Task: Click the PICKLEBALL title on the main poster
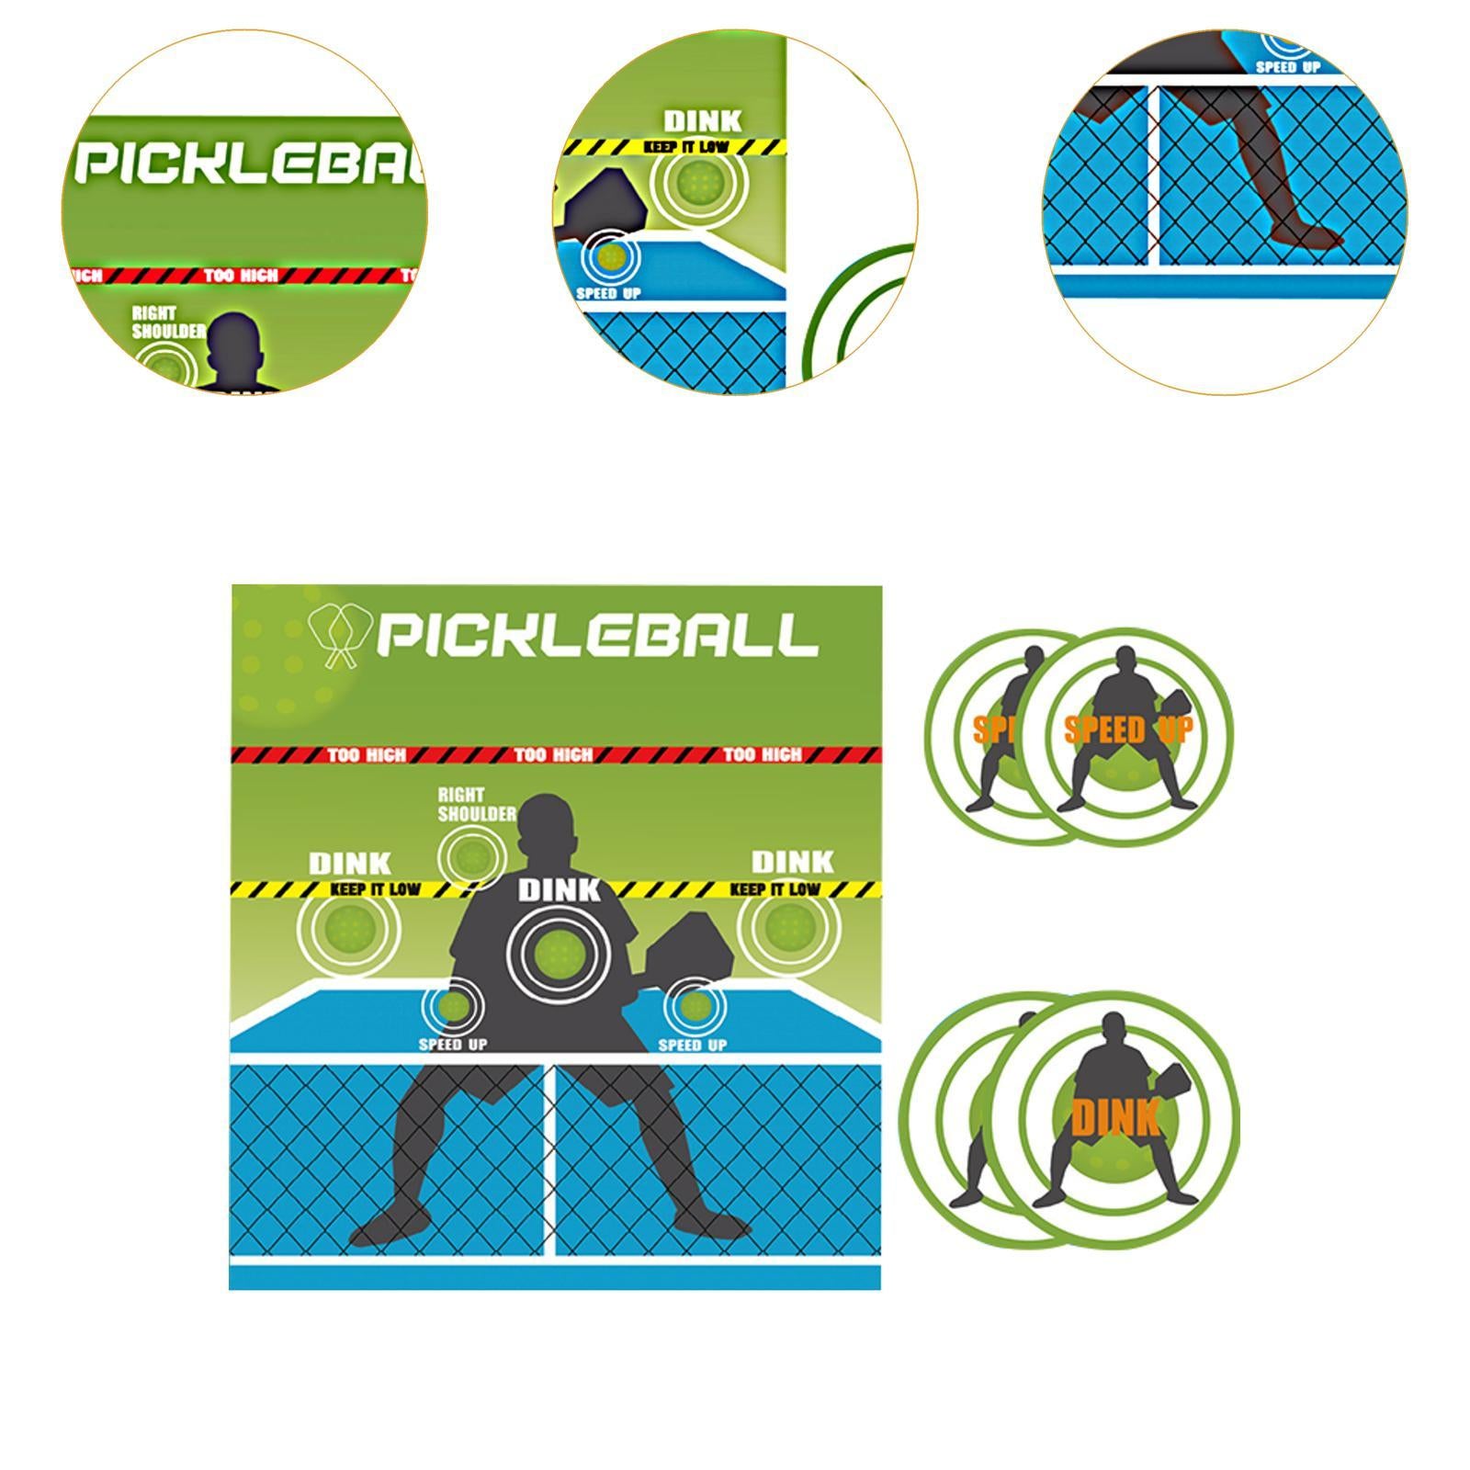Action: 597,635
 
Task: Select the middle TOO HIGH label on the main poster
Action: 553,755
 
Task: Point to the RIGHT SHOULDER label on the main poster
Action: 476,805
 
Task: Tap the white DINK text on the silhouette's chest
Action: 559,889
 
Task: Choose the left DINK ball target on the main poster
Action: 349,926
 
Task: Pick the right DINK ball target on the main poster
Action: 789,925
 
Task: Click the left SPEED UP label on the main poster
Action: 453,1045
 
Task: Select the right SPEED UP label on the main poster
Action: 693,1045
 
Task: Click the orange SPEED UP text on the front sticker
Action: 1128,730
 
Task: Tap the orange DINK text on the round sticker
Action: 1114,1119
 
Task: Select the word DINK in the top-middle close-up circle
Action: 702,120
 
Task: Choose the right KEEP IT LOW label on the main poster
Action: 775,888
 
